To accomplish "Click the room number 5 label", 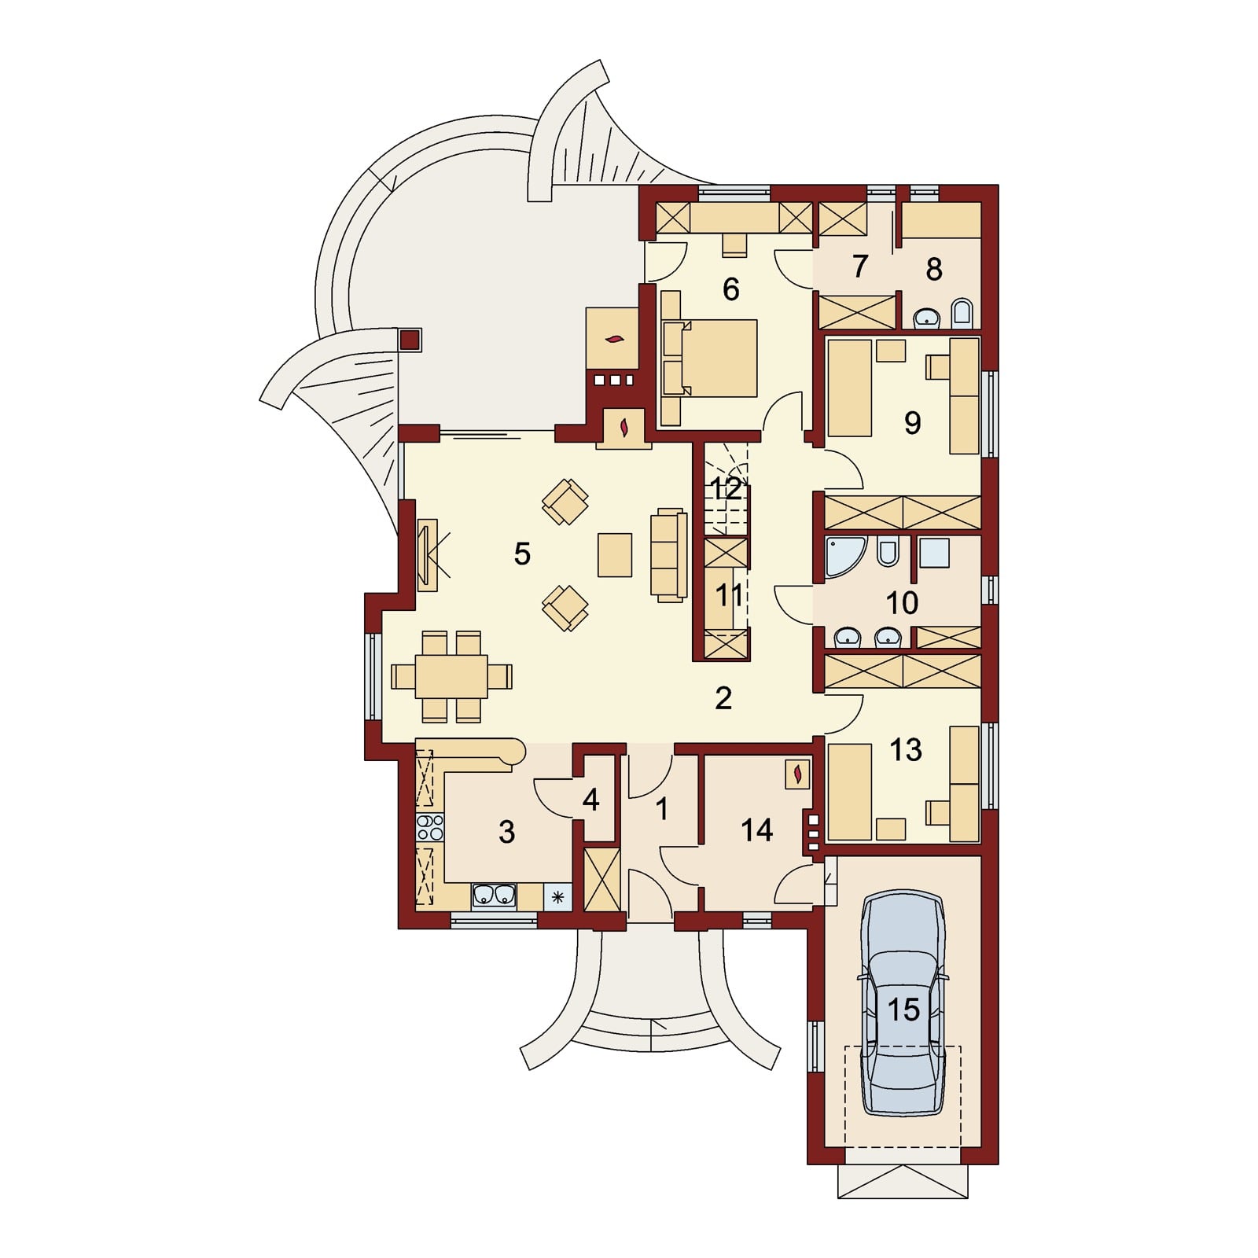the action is pyautogui.click(x=522, y=554).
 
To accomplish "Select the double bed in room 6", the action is pyautogui.click(x=711, y=358).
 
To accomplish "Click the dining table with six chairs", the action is pyautogui.click(x=452, y=676).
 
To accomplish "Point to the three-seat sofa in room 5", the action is pyautogui.click(x=669, y=554).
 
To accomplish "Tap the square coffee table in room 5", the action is pyautogui.click(x=615, y=554).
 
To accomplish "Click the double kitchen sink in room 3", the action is pyautogui.click(x=494, y=896).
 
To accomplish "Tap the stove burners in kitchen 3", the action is pyautogui.click(x=430, y=828).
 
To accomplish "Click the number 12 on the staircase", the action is pyautogui.click(x=726, y=489).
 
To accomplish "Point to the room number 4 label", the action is pyautogui.click(x=591, y=800).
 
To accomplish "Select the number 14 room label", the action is pyautogui.click(x=756, y=830).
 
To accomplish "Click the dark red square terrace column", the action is pyautogui.click(x=410, y=340).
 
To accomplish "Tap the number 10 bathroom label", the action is pyautogui.click(x=902, y=603).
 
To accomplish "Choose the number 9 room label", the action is pyautogui.click(x=912, y=423).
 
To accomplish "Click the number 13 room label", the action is pyautogui.click(x=905, y=750).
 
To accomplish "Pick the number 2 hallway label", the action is pyautogui.click(x=723, y=697).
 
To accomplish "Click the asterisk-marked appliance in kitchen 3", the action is pyautogui.click(x=557, y=896).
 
